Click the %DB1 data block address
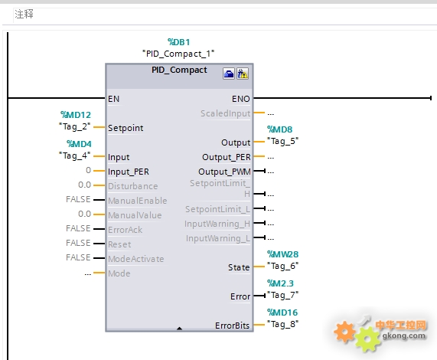(x=178, y=42)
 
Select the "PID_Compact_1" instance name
(x=178, y=54)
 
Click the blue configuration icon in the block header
(x=229, y=74)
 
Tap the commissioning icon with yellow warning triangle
(x=243, y=74)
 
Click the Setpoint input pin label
(x=126, y=128)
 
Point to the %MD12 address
(x=76, y=115)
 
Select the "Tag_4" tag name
(x=75, y=155)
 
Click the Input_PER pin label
(x=129, y=172)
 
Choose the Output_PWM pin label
(x=224, y=172)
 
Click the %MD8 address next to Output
(x=280, y=129)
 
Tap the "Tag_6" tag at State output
(x=282, y=266)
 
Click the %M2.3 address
(x=280, y=283)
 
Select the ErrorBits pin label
(x=232, y=326)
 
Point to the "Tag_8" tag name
(x=282, y=324)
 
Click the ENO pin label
(x=241, y=99)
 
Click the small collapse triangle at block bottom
(x=180, y=329)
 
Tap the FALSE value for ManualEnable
(x=78, y=199)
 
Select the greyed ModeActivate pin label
(x=136, y=259)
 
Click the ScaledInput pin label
(x=226, y=113)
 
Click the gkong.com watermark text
(x=404, y=335)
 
